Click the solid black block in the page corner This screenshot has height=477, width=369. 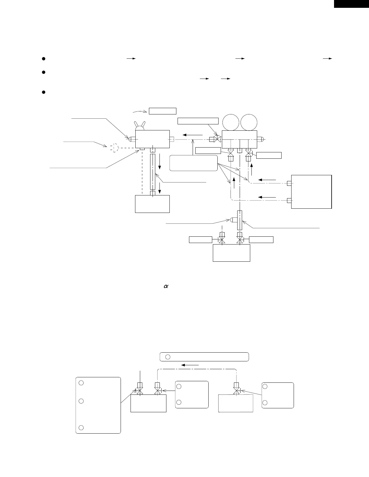click(352, 4)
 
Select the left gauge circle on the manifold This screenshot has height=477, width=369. click(231, 122)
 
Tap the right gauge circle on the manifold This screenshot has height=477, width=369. click(249, 122)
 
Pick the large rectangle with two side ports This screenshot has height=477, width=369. click(311, 192)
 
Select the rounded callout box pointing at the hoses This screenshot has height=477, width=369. click(194, 163)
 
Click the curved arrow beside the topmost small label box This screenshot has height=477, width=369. click(140, 111)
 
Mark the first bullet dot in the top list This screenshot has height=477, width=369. click(43, 59)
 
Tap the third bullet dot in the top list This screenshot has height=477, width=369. click(43, 92)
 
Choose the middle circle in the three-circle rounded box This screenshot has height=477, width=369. click(81, 401)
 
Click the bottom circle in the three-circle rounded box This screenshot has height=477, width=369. click(81, 428)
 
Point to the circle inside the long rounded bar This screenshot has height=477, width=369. click(168, 357)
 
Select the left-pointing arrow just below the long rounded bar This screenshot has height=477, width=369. click(190, 365)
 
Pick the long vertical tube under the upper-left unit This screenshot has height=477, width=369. click(153, 172)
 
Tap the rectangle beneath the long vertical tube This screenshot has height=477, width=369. click(153, 204)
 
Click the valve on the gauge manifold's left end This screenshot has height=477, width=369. click(216, 139)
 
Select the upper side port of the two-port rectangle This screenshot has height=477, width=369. click(289, 183)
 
